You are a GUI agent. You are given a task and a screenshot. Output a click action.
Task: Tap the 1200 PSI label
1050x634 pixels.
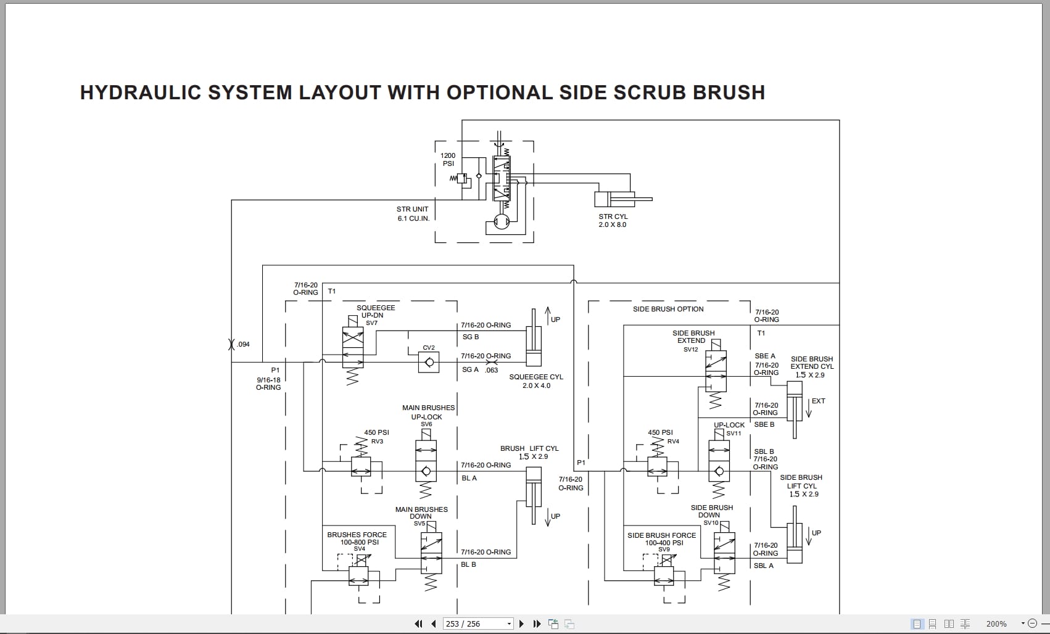(x=448, y=160)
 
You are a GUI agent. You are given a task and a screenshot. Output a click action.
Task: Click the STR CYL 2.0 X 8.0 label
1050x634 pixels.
(x=612, y=221)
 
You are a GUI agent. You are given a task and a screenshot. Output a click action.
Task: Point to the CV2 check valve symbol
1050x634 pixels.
(x=429, y=362)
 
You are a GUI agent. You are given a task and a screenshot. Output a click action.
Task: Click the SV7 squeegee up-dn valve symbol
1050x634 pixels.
(x=353, y=348)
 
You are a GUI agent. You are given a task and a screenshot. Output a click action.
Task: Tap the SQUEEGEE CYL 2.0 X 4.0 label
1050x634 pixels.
(x=535, y=381)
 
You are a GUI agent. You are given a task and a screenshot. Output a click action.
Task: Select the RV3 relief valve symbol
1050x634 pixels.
(x=361, y=467)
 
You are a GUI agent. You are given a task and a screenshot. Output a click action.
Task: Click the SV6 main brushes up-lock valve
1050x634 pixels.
(x=426, y=463)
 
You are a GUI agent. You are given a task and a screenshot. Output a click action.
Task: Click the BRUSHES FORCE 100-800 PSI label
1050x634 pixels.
(x=357, y=538)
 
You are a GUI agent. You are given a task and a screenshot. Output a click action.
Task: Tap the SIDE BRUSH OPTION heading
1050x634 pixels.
(x=668, y=309)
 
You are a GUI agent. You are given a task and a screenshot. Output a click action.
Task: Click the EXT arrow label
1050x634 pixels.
(x=818, y=401)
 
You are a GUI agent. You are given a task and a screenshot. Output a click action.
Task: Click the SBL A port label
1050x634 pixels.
(x=763, y=566)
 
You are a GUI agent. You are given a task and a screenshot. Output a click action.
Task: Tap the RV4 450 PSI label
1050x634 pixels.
(x=661, y=433)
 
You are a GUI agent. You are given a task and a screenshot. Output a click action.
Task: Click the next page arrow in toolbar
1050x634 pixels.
(x=521, y=624)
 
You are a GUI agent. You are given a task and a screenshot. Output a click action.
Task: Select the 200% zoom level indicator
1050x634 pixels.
(x=996, y=624)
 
